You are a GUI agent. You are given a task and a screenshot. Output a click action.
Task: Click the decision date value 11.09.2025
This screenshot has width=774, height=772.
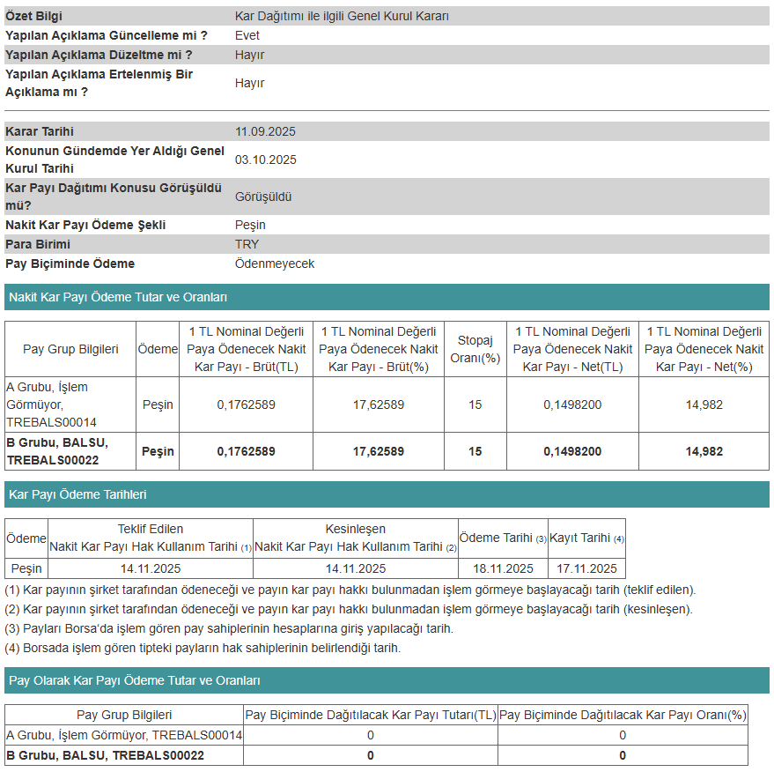(x=265, y=131)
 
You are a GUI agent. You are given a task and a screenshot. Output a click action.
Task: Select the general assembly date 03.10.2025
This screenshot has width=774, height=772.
(x=265, y=160)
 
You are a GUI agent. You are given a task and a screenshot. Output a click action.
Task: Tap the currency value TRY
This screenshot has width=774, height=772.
(x=247, y=244)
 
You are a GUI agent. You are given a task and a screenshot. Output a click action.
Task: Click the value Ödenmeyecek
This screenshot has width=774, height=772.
(x=275, y=264)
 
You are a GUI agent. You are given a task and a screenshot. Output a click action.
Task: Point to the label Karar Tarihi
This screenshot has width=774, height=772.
(x=40, y=131)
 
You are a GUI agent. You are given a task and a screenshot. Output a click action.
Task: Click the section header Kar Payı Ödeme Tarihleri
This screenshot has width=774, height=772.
(x=77, y=494)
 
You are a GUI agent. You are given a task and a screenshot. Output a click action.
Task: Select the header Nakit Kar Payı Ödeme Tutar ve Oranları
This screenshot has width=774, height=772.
(x=118, y=297)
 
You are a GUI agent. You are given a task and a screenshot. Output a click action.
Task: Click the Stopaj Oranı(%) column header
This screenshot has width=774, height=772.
(x=475, y=349)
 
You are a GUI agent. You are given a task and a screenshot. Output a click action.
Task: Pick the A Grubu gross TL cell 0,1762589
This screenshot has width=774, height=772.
(x=247, y=405)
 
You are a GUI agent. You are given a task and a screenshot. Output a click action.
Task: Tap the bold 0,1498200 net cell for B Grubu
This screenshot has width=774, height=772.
(x=572, y=451)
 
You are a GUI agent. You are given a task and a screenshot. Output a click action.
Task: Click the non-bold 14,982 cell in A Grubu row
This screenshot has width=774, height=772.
(x=704, y=405)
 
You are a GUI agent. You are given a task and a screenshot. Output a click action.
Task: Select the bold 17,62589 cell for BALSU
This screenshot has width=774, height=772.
(x=379, y=451)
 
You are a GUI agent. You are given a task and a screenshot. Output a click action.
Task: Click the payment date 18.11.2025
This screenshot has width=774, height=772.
(x=503, y=568)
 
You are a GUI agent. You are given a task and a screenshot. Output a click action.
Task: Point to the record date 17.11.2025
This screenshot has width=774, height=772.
(x=586, y=568)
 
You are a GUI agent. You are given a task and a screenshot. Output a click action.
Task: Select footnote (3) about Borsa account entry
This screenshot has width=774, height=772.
(x=229, y=628)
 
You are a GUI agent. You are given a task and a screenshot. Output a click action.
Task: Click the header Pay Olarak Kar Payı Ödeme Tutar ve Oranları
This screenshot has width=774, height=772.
(x=134, y=680)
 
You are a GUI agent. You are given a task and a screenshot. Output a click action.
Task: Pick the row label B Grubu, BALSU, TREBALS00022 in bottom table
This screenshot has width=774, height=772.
(x=106, y=755)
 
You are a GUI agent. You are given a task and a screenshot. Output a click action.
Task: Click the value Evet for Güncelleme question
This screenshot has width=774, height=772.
(x=247, y=35)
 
